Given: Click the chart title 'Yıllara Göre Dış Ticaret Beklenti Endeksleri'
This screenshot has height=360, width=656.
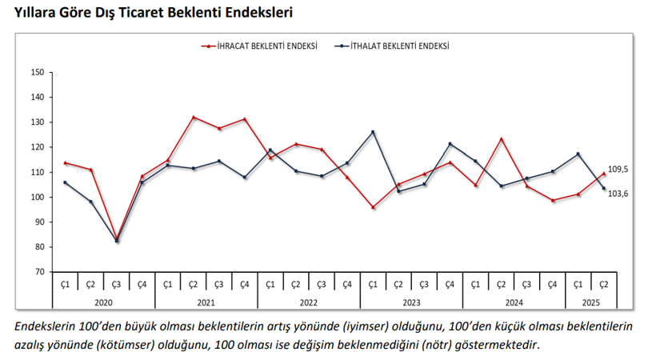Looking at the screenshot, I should (147, 14).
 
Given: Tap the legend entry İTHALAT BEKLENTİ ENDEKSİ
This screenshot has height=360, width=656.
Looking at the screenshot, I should (395, 46).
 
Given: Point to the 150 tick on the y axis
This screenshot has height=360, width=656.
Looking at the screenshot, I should (37, 72).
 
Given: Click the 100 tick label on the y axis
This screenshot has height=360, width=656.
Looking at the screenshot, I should (37, 197).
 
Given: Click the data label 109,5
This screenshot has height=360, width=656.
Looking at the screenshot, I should (618, 170).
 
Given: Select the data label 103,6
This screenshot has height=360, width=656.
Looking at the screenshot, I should (618, 194).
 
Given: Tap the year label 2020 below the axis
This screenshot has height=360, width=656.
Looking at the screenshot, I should (103, 302).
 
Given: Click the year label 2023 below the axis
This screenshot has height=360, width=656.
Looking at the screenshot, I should (410, 302).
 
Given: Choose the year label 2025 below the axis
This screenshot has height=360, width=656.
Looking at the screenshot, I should (590, 302).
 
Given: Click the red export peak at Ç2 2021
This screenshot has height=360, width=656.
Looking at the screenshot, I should (194, 117).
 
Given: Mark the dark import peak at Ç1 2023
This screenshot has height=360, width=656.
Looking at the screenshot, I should (373, 132).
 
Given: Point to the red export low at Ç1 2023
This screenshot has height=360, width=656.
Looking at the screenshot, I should (373, 207).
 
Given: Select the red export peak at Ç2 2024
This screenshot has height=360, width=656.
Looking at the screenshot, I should (501, 139).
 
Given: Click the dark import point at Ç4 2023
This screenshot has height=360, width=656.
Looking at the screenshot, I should (450, 144).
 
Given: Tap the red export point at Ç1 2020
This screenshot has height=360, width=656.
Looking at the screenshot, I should (66, 162).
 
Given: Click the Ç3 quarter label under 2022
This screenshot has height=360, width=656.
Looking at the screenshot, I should (322, 284).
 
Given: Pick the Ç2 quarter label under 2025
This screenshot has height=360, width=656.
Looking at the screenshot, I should (603, 284).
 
